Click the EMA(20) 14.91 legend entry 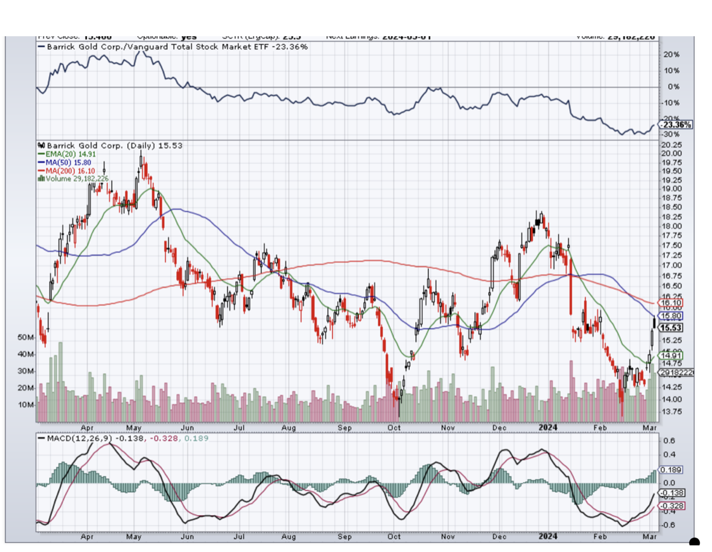tap(67, 154)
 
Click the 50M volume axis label tap(26, 336)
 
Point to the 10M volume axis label tap(26, 405)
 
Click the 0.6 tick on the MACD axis tap(669, 440)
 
